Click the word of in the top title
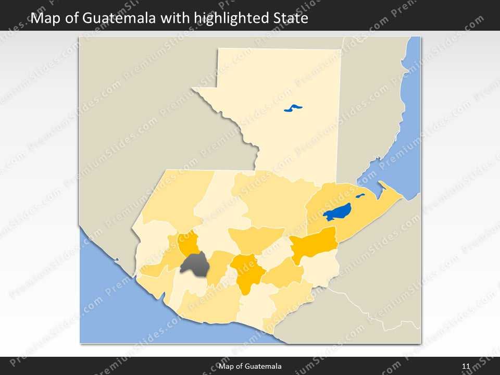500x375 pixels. [x=68, y=19]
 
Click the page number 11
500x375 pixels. [x=466, y=367]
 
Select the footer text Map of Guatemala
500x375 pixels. [x=250, y=367]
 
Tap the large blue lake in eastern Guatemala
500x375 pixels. [x=337, y=213]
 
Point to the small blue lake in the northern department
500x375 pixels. [x=293, y=108]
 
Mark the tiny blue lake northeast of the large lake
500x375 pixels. [x=360, y=196]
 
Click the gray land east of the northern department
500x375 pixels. [x=370, y=104]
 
